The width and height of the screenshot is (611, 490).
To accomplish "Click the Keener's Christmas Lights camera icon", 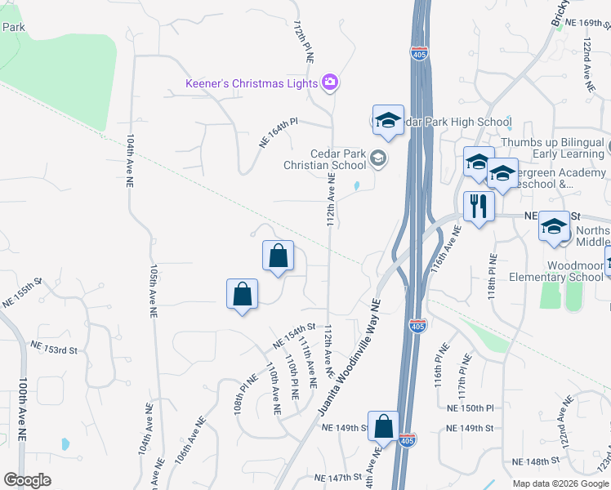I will click(x=330, y=82).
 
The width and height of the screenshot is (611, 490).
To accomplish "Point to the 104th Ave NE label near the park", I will click(x=129, y=163).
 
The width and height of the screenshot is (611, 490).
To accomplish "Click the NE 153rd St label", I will click(x=55, y=349).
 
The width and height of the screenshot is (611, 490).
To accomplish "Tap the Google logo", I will click(x=27, y=480).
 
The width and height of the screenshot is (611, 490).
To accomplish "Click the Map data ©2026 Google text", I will click(x=560, y=483).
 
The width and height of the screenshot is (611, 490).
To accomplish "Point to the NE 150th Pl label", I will click(x=471, y=407).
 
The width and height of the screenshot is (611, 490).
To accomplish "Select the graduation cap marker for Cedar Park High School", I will click(x=388, y=120).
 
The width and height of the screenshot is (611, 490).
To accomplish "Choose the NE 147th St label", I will click(x=337, y=477).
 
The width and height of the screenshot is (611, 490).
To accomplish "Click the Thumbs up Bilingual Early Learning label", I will click(x=553, y=148).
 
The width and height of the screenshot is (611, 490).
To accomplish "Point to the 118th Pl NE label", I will click(x=493, y=274).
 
